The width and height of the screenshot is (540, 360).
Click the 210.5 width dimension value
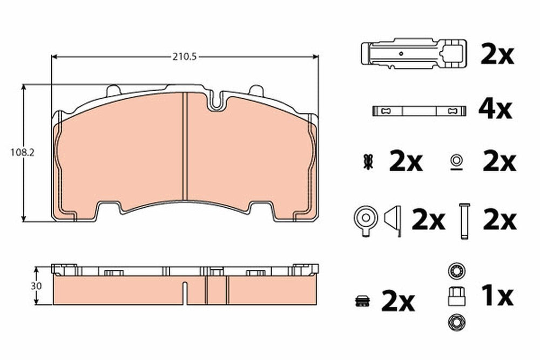[x=185, y=57]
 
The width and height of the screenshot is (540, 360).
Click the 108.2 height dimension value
[x=22, y=152]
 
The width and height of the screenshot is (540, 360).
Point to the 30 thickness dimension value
[x=36, y=286]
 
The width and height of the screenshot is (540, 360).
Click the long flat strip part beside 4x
[x=420, y=111]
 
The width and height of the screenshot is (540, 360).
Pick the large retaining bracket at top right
[x=414, y=53]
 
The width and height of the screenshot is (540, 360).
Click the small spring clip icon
[x=368, y=162]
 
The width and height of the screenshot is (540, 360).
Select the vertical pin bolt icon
[x=464, y=221]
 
